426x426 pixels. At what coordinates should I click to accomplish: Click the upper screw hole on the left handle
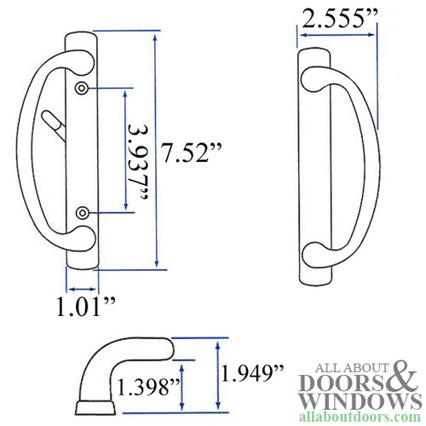(x=81, y=89)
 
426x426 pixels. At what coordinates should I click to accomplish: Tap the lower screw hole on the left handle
(x=81, y=211)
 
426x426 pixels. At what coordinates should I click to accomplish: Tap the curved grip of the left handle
(x=32, y=149)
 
